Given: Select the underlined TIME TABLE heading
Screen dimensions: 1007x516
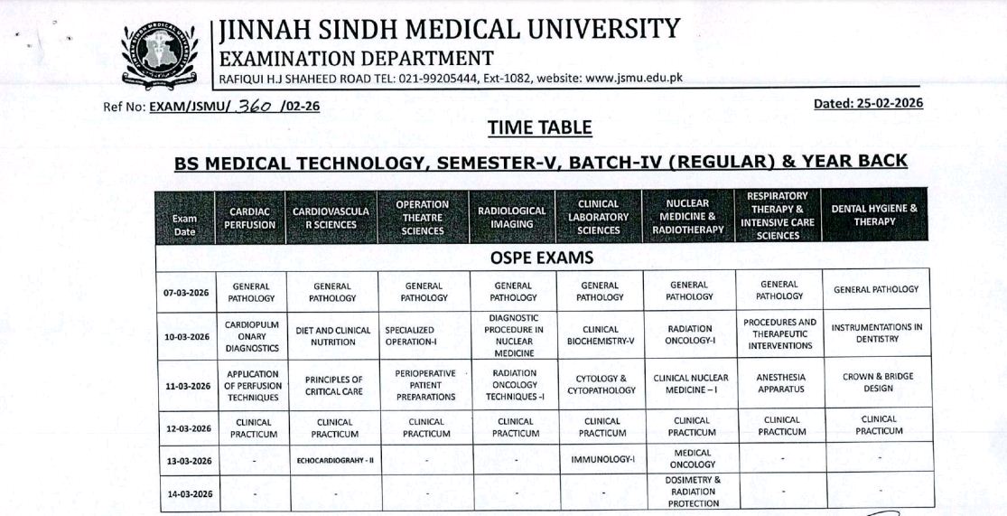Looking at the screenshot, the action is coord(539,128).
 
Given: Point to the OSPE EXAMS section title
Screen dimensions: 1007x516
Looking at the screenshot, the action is coord(541,258).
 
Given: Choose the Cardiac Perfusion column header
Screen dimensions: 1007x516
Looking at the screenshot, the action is coord(250,218).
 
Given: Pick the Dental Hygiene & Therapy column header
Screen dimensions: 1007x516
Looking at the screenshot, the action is coord(874,215).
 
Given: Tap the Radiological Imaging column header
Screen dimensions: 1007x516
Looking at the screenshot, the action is coord(512,217).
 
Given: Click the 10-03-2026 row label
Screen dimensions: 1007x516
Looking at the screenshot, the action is coord(187,336).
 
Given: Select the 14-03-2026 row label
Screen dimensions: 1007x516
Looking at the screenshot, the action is coord(187,493).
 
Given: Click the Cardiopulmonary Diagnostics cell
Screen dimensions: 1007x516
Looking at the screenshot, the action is coord(253,335).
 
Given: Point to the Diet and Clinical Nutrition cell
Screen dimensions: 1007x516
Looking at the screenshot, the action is coord(333,336).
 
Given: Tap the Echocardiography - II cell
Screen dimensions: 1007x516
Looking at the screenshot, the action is coord(333,460).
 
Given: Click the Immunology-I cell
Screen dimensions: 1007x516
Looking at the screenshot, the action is coord(602,459).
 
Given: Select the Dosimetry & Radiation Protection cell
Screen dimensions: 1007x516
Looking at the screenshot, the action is coord(693,492).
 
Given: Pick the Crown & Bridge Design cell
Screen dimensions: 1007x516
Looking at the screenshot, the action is coord(874,382).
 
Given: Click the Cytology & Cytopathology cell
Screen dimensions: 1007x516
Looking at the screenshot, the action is coord(601,384).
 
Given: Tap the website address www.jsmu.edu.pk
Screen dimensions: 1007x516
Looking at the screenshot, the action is coord(633,78).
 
